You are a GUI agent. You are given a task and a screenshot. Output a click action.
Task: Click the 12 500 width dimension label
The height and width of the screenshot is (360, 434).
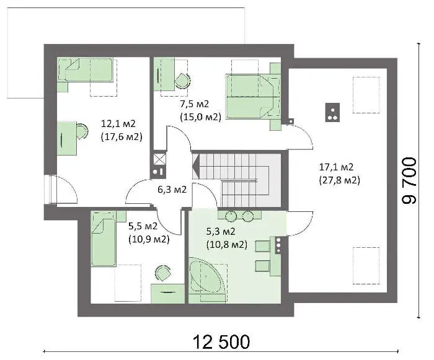coord(221,342)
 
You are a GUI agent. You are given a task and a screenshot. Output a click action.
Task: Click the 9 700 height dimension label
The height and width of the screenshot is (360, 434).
coord(409,181)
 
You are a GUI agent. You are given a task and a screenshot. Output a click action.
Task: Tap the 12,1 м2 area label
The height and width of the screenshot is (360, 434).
coord(118,123)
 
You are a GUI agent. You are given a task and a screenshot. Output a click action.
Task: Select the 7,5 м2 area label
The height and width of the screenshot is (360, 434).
coord(195,104)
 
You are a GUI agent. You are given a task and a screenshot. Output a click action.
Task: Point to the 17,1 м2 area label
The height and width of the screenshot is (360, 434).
coord(336,167)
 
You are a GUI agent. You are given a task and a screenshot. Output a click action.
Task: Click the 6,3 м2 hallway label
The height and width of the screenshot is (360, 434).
coord(172,190)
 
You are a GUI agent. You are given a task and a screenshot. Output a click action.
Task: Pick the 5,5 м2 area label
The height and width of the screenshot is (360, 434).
coord(143,226)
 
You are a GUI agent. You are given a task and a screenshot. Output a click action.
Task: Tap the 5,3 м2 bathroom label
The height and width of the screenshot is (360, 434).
coord(221,231)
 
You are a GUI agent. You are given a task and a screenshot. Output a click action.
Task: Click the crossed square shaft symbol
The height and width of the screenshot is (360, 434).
coord(160,159)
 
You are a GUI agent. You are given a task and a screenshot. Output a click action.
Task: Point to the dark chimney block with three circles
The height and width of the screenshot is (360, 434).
coord(332,112)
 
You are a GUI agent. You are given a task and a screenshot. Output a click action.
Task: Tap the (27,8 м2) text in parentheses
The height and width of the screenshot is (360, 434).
coord(340,180)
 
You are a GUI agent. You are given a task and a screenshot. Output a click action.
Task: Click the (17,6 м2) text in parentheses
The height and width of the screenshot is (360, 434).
coord(122,137)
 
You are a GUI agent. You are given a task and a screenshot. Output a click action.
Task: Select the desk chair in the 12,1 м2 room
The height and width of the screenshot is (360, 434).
coord(82,131)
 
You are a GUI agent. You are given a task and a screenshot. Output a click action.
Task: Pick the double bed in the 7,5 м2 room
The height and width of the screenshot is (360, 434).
coord(253,97)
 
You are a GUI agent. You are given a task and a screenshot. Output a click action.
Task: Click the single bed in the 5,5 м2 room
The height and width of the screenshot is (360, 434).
coord(103,239)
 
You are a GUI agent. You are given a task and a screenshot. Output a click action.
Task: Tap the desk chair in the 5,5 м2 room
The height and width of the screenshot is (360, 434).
coord(162,273)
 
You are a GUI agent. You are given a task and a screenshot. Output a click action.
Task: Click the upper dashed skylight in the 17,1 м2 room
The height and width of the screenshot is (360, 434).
coord(366,95)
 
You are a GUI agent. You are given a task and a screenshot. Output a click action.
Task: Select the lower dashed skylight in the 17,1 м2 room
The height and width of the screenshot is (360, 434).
coord(366,266)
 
